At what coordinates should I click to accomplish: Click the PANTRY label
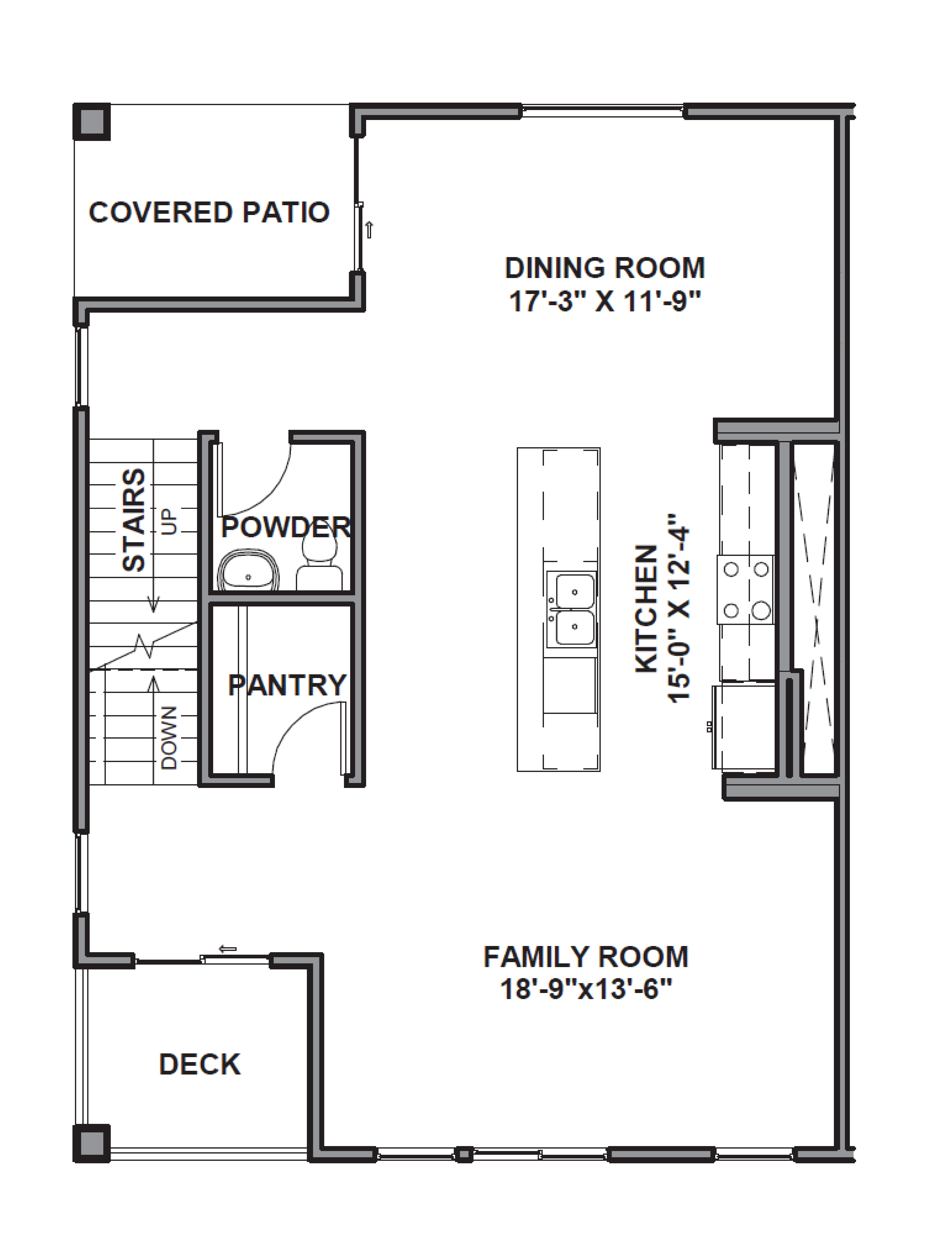(287, 685)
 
